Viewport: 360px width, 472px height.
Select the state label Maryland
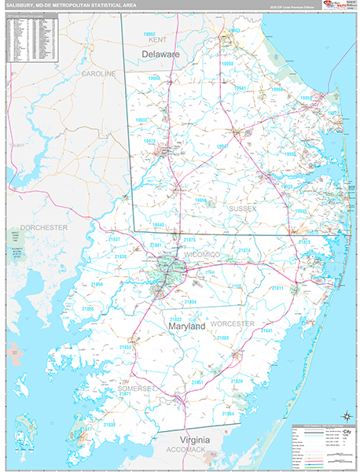point(186,325)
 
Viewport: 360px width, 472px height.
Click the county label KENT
point(157,39)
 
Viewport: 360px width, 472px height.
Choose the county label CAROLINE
point(99,73)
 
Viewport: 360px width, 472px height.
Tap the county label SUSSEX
point(243,209)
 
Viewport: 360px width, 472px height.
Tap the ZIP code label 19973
point(149,141)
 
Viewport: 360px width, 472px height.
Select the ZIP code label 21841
point(266,331)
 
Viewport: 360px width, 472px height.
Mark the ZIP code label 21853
point(126,346)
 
